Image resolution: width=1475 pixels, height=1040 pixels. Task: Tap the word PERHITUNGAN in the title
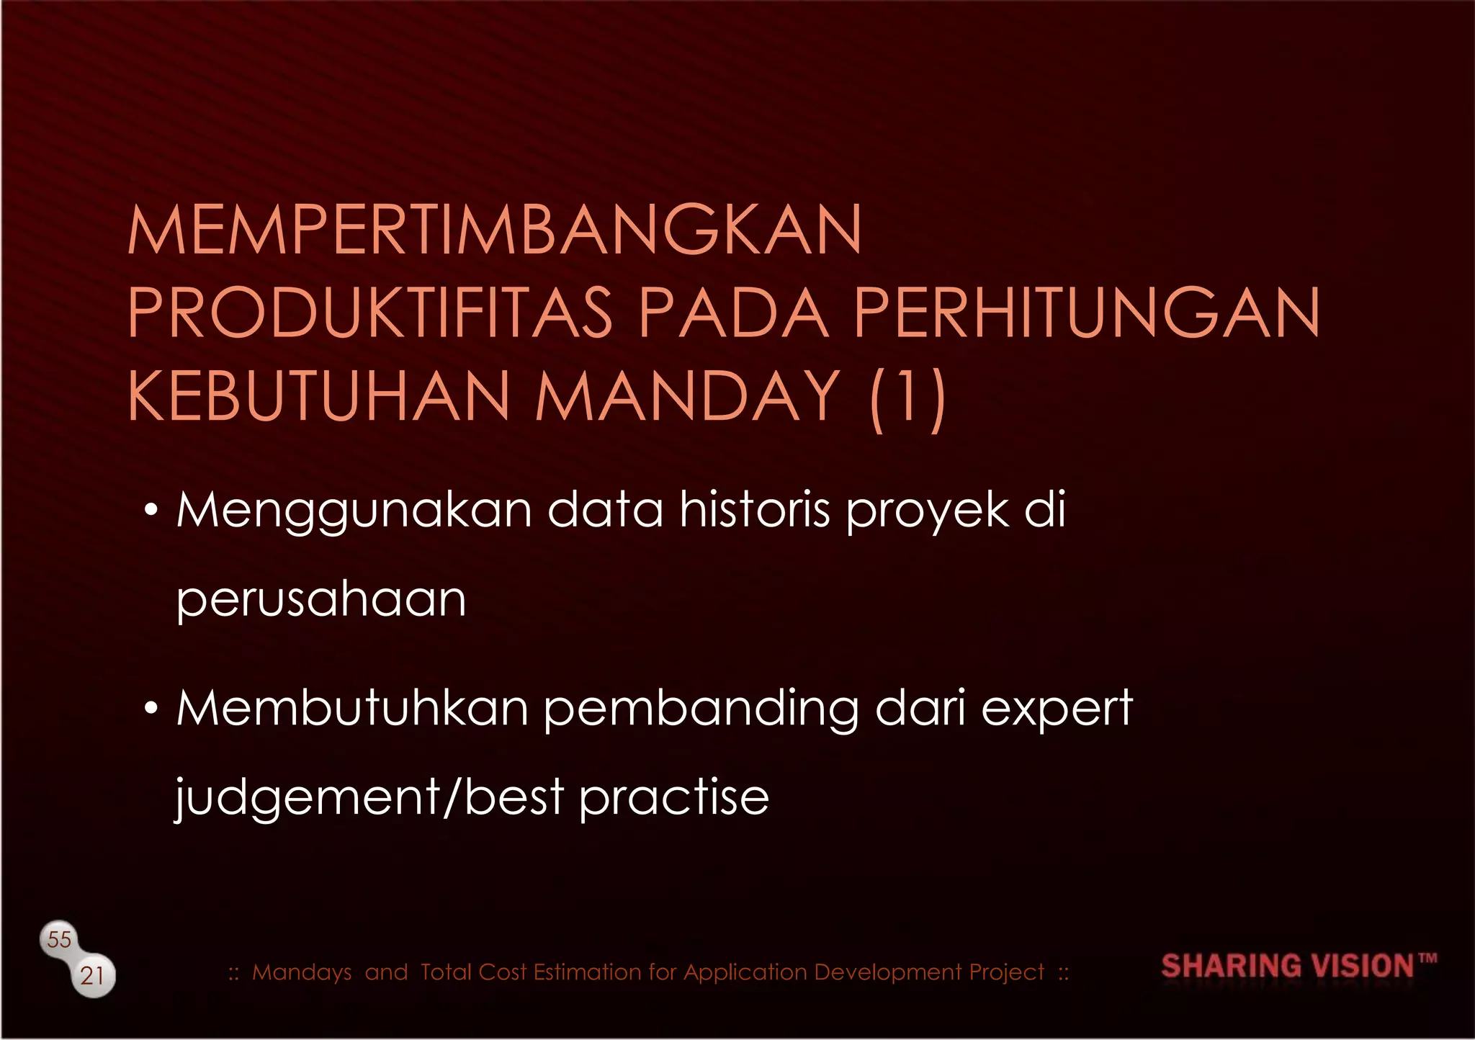[x=1087, y=313]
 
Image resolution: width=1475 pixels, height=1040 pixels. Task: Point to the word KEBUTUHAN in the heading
[x=319, y=397]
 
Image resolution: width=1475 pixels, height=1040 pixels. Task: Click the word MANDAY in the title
[x=688, y=397]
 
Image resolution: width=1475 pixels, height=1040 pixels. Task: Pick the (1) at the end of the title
[x=907, y=398]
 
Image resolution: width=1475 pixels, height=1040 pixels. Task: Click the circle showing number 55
[x=59, y=939]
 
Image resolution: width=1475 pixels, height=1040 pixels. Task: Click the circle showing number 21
[x=93, y=976]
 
